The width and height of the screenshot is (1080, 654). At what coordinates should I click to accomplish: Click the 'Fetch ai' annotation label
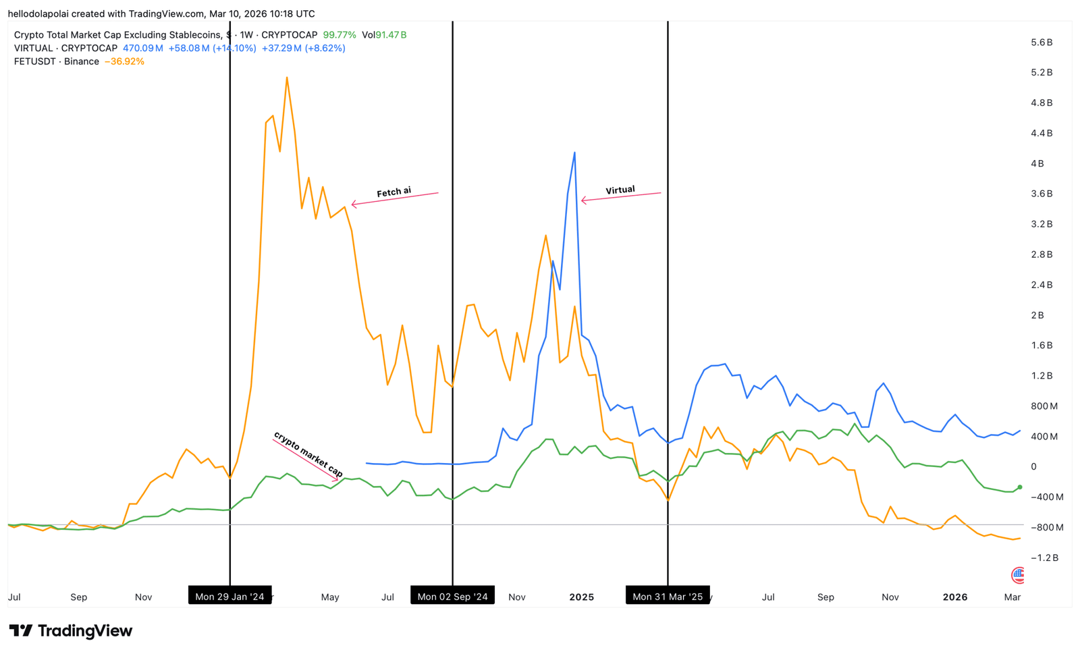pos(394,192)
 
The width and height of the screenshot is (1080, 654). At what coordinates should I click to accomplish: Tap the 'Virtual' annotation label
pos(620,190)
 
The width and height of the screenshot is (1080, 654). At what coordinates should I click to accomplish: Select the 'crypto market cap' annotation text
pos(308,454)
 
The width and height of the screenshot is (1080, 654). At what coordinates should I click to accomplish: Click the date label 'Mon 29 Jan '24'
pos(230,597)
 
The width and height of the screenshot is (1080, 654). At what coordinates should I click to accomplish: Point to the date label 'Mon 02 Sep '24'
pos(452,597)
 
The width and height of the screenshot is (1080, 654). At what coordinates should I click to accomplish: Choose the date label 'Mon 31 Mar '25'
pos(668,597)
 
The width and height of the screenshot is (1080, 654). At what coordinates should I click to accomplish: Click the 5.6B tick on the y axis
pos(1042,43)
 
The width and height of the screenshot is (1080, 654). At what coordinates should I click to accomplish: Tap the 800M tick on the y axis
pos(1044,406)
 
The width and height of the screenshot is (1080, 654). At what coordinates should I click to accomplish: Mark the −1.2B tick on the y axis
pos(1043,558)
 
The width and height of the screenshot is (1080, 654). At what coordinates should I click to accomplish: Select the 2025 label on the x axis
pos(581,597)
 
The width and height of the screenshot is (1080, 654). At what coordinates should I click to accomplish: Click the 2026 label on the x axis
pos(954,597)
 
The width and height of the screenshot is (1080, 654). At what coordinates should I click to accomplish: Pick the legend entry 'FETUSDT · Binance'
pos(57,61)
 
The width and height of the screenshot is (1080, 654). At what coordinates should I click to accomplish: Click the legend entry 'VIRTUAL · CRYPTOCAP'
pos(65,49)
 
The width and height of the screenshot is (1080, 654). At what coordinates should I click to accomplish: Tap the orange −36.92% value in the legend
pos(124,61)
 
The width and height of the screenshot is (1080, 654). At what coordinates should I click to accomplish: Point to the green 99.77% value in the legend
pos(339,35)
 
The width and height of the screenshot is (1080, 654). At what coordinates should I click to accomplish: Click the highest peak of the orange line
pos(287,78)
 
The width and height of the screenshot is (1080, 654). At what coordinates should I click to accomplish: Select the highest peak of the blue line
pos(574,153)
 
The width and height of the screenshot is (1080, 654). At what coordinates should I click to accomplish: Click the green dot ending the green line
pos(1019,487)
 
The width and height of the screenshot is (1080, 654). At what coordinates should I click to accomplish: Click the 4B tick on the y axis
pos(1037,164)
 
